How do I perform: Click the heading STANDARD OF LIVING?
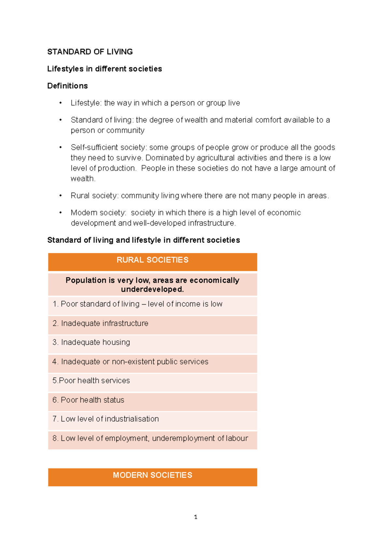click(x=90, y=52)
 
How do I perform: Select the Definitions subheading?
click(x=67, y=86)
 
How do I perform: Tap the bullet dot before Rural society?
click(x=61, y=196)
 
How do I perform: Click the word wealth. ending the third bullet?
click(x=83, y=179)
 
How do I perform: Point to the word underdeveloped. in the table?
click(x=152, y=289)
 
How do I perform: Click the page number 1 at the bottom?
click(x=195, y=517)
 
